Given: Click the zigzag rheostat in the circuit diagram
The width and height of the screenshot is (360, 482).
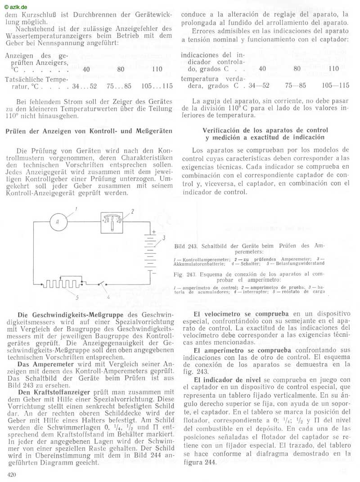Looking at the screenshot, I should coord(63,283).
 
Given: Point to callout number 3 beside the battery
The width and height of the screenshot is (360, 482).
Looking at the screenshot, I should coord(164,238).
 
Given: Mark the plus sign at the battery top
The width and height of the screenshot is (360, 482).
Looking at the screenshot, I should coord(153,232).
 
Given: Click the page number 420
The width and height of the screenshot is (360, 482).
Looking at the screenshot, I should coord(12,474).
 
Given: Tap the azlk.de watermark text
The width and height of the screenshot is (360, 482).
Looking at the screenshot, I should coord(15,7).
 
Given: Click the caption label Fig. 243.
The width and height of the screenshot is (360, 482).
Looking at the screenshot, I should coord(184,274).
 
